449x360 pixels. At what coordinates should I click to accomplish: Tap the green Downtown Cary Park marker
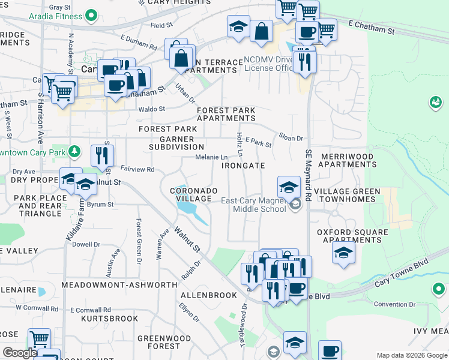click(74, 151)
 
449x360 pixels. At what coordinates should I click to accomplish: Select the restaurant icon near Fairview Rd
click(103, 156)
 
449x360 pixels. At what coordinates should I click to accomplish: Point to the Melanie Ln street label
click(211, 157)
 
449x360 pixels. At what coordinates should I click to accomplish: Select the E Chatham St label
click(371, 28)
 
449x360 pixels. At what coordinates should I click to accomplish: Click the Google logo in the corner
click(19, 353)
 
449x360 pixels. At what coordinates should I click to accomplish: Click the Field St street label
click(161, 26)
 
